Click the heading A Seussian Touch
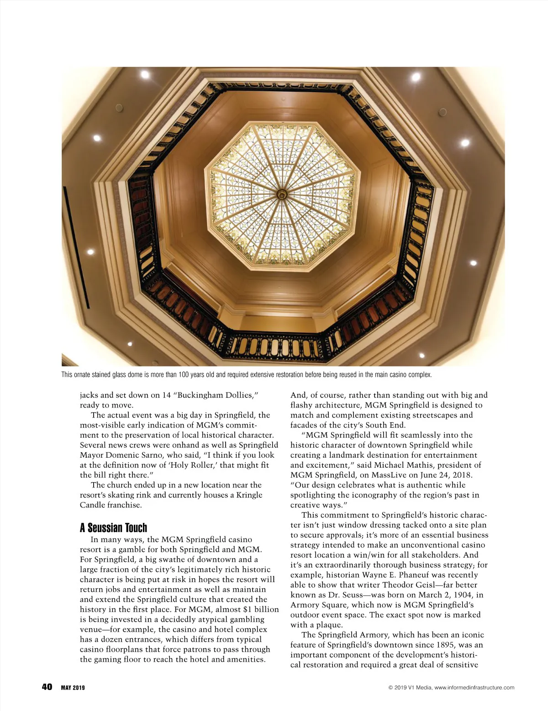pyautogui.click(x=113, y=528)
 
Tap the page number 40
pyautogui.click(x=47, y=687)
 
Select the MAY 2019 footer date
pyautogui.click(x=73, y=688)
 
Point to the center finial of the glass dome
pyautogui.click(x=283, y=195)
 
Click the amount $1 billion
pyautogui.click(x=258, y=609)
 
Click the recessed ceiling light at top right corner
pyautogui.click(x=416, y=77)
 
